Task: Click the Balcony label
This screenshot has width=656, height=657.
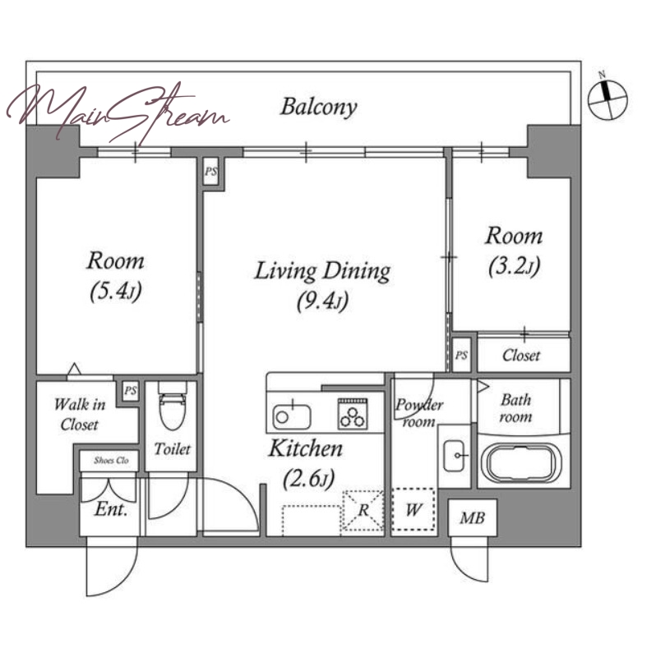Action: point(319,108)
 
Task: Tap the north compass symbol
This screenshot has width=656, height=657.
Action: point(607,98)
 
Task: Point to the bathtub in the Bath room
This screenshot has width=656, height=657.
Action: point(521,464)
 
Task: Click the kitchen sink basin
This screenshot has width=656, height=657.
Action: point(292,416)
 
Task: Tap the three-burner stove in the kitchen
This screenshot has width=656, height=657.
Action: point(353,414)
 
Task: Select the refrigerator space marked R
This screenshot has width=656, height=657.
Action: point(363,510)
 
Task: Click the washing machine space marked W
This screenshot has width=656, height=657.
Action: point(413,510)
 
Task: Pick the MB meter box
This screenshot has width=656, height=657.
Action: point(473,518)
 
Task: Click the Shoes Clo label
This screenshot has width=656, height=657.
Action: point(111,460)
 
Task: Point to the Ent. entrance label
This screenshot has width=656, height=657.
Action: point(111,509)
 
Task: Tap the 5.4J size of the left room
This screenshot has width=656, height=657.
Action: point(116,291)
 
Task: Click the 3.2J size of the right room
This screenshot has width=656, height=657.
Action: point(515,265)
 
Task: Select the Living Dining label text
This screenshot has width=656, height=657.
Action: point(322,271)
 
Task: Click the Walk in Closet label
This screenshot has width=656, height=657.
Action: point(79,415)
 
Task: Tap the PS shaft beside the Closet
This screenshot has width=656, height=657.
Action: point(461,355)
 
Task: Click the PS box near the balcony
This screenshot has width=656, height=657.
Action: point(211,171)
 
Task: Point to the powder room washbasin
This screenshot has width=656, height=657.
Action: point(454,456)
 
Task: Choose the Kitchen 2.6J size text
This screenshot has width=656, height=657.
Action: point(309,478)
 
